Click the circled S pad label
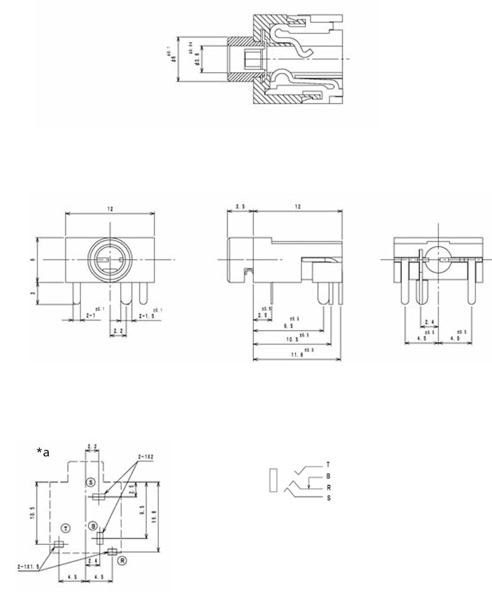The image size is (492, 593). pos(91,481)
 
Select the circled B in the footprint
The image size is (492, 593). pos(93,526)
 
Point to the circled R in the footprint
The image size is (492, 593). pos(122,561)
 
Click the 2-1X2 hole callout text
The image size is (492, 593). pos(146,457)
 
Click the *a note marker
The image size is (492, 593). pos(42,452)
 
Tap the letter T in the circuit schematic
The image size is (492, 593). pos(328,465)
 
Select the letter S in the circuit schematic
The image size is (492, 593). pos(328,498)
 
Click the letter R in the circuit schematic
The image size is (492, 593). pos(328,487)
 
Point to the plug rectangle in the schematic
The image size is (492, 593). pos(273,480)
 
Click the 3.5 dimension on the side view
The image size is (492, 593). pos(240,206)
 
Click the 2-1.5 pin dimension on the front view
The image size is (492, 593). pos(147,315)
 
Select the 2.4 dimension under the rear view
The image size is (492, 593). pos(429,322)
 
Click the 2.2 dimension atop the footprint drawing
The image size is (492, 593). pos(92,446)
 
